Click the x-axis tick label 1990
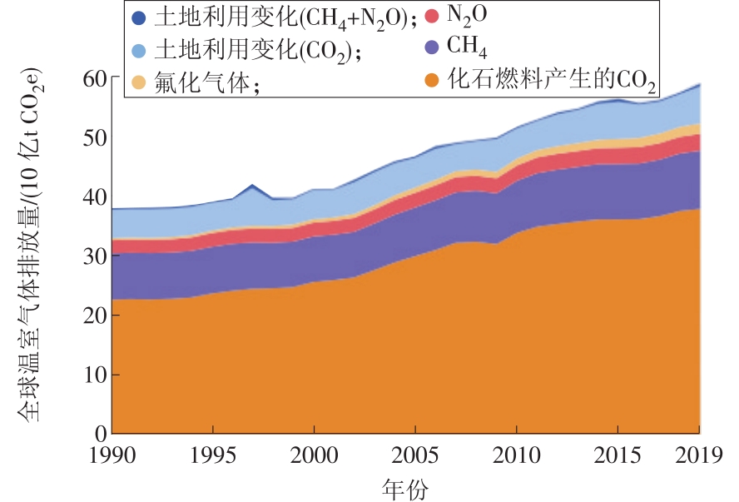click(x=112, y=455)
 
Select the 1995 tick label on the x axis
click(x=213, y=455)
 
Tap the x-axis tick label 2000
click(x=314, y=455)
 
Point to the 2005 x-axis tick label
click(x=415, y=455)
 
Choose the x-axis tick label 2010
click(x=516, y=455)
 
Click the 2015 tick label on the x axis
click(x=617, y=455)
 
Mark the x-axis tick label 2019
click(x=697, y=455)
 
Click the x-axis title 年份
click(x=405, y=487)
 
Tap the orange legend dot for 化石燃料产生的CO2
click(x=431, y=81)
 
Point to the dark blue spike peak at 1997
click(x=251, y=185)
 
